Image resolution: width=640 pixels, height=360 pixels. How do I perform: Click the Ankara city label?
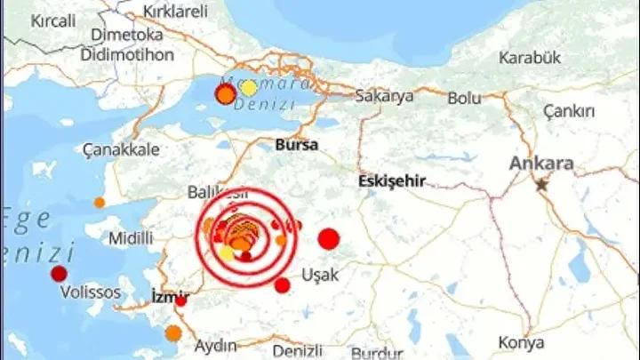coord(541,164)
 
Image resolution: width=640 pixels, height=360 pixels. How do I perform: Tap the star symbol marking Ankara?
coord(541,185)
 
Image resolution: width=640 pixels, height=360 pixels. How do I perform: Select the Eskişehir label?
coord(391,180)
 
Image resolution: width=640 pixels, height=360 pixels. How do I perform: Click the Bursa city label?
coord(297,143)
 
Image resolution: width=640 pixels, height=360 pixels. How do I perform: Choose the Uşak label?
coord(321,275)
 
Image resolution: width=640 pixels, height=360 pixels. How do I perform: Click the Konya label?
coord(522,343)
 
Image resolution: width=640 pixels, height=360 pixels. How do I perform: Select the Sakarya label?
coord(384,96)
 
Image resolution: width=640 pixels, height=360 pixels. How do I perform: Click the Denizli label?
coord(297,351)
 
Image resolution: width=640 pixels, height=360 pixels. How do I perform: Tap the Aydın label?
coord(215,345)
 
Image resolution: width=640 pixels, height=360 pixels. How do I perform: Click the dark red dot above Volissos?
coord(60,274)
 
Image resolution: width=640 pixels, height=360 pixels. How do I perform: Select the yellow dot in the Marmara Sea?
coord(249,88)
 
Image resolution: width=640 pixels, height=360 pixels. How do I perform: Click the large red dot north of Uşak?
coord(329,238)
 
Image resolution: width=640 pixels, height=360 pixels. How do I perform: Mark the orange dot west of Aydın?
coord(173,333)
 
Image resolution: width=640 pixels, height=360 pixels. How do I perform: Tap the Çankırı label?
coord(569,110)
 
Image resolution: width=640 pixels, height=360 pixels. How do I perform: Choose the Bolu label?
coord(464,97)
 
